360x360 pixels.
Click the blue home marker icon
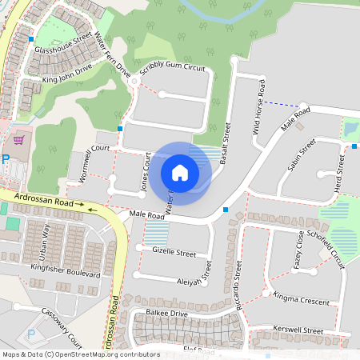180,173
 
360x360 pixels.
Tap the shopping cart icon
19,141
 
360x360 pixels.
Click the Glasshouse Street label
63,44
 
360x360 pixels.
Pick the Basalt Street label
225,144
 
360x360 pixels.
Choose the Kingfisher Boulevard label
65,270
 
